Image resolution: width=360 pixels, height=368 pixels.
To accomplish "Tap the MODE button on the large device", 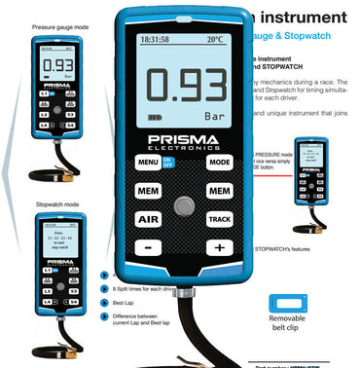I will pos(220,162).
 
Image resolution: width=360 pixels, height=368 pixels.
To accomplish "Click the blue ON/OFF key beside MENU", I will pos(169,163).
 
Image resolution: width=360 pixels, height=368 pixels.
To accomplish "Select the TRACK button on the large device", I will pos(220,220).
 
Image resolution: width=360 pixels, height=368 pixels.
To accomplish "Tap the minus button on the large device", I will pos(148,248).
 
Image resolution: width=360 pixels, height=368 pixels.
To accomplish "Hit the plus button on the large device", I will pos(220,248).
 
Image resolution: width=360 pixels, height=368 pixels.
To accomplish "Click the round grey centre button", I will pos(183,206).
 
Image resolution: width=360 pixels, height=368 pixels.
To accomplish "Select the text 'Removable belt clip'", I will pos(290,341).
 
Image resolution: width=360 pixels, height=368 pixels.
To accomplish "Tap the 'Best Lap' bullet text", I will pos(121,303).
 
